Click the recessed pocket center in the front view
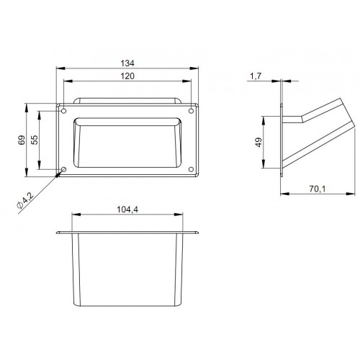(x=128, y=144)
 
